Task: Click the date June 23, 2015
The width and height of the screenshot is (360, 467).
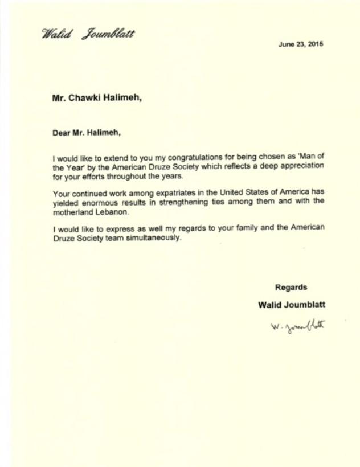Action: click(x=300, y=44)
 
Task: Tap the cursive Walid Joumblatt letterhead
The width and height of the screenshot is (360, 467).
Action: click(x=88, y=34)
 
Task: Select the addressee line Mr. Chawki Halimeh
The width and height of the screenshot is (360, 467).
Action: click(x=97, y=98)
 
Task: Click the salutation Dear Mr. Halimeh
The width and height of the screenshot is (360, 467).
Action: click(x=87, y=133)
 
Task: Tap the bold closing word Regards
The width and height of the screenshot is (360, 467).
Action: click(x=291, y=288)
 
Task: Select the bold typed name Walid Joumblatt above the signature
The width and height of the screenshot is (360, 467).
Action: click(x=291, y=305)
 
